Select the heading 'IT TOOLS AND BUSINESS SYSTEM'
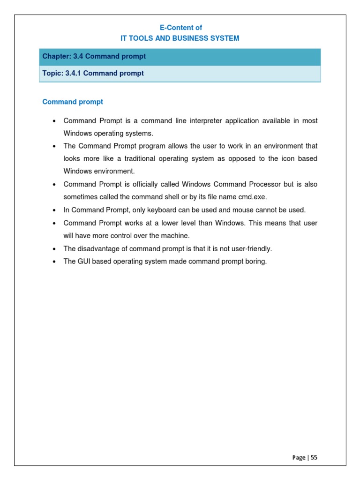point(180,38)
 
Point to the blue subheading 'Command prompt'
point(73,102)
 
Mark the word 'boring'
point(256,262)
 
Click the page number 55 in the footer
point(314,457)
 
